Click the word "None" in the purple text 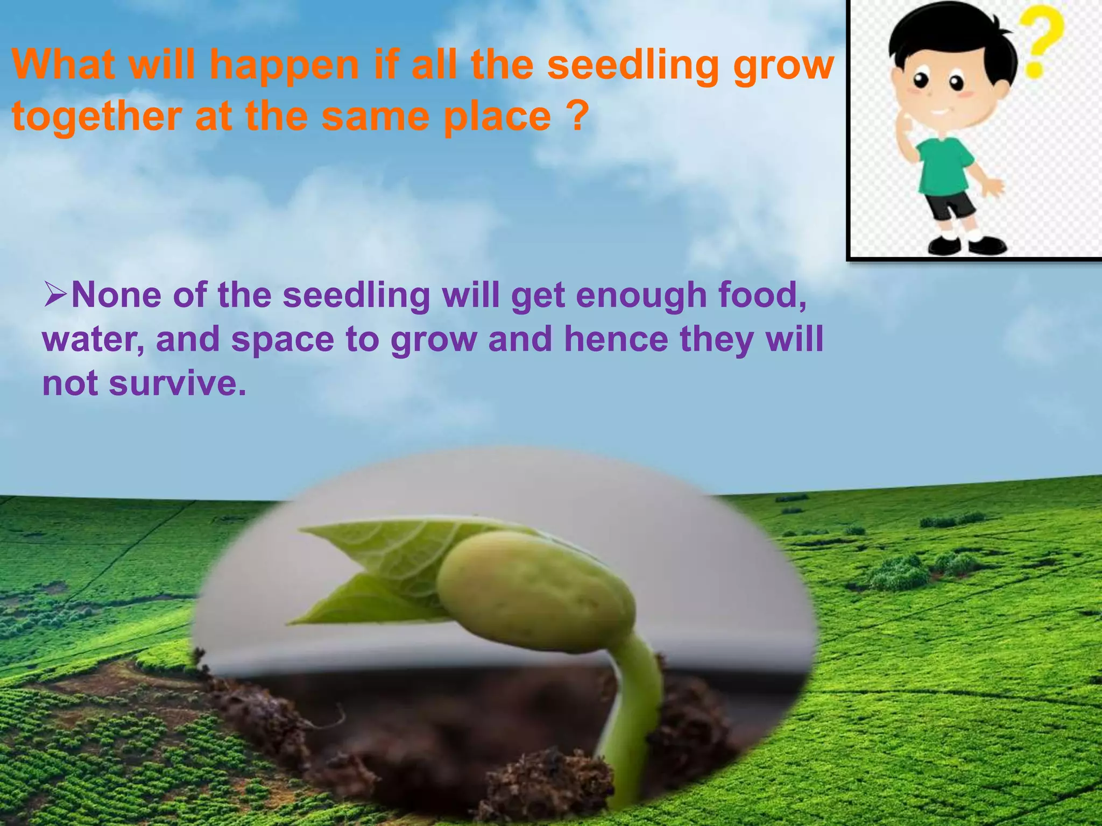point(116,295)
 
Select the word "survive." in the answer point(178,383)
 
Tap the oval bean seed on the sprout point(533,592)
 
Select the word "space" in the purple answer point(282,340)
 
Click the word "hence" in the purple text point(616,339)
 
